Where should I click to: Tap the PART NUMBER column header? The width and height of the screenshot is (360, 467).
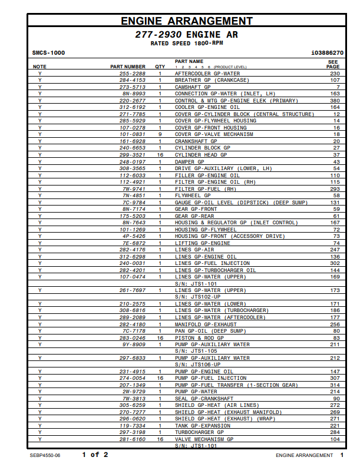[128, 67]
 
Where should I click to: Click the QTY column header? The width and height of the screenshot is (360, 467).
[160, 67]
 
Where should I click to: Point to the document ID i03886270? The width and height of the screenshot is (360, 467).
[327, 53]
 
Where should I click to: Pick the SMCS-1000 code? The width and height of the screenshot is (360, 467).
[48, 53]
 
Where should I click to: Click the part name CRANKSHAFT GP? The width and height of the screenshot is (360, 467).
[196, 141]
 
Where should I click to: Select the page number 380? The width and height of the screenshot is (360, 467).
[335, 101]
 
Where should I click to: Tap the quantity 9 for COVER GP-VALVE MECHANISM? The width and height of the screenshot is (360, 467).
[160, 134]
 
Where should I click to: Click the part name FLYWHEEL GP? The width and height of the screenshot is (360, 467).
[193, 196]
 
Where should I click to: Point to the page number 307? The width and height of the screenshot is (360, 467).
[335, 378]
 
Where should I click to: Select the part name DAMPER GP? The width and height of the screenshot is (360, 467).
[189, 161]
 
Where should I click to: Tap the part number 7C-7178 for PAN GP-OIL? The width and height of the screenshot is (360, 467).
[134, 331]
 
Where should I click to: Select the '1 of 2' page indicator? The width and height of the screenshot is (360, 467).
[95, 455]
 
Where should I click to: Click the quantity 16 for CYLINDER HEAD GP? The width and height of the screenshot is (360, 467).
[160, 155]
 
